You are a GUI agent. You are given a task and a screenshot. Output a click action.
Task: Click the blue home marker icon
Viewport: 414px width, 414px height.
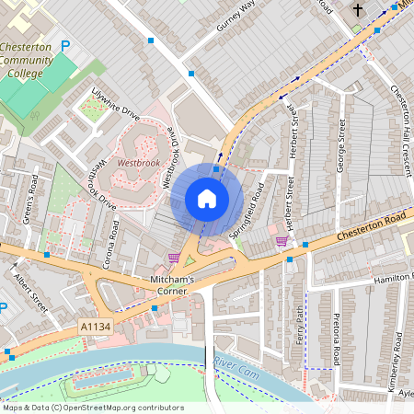click(x=207, y=199)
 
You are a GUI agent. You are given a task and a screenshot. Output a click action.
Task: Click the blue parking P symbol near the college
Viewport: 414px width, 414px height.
click(x=64, y=45)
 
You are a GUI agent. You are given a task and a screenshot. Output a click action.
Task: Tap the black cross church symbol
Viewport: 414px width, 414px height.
click(x=358, y=10)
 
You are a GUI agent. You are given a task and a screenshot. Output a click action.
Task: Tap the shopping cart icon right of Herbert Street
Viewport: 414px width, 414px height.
click(x=282, y=241)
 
